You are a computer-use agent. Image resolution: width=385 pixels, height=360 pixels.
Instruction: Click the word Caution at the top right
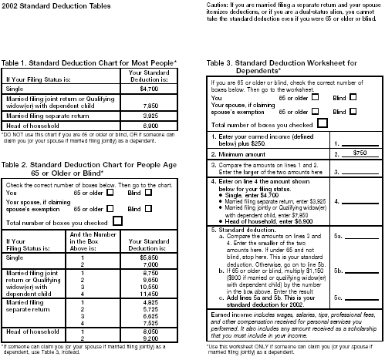tap(219, 5)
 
